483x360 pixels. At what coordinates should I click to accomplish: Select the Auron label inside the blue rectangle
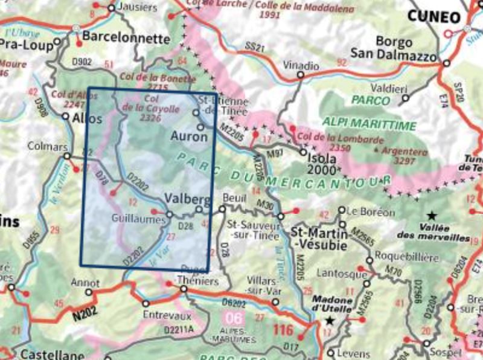(x=190, y=137)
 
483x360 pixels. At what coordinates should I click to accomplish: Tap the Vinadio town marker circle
(x=299, y=76)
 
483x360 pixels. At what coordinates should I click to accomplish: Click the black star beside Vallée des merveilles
(x=432, y=215)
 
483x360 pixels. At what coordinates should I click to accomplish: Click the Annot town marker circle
(x=89, y=292)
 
